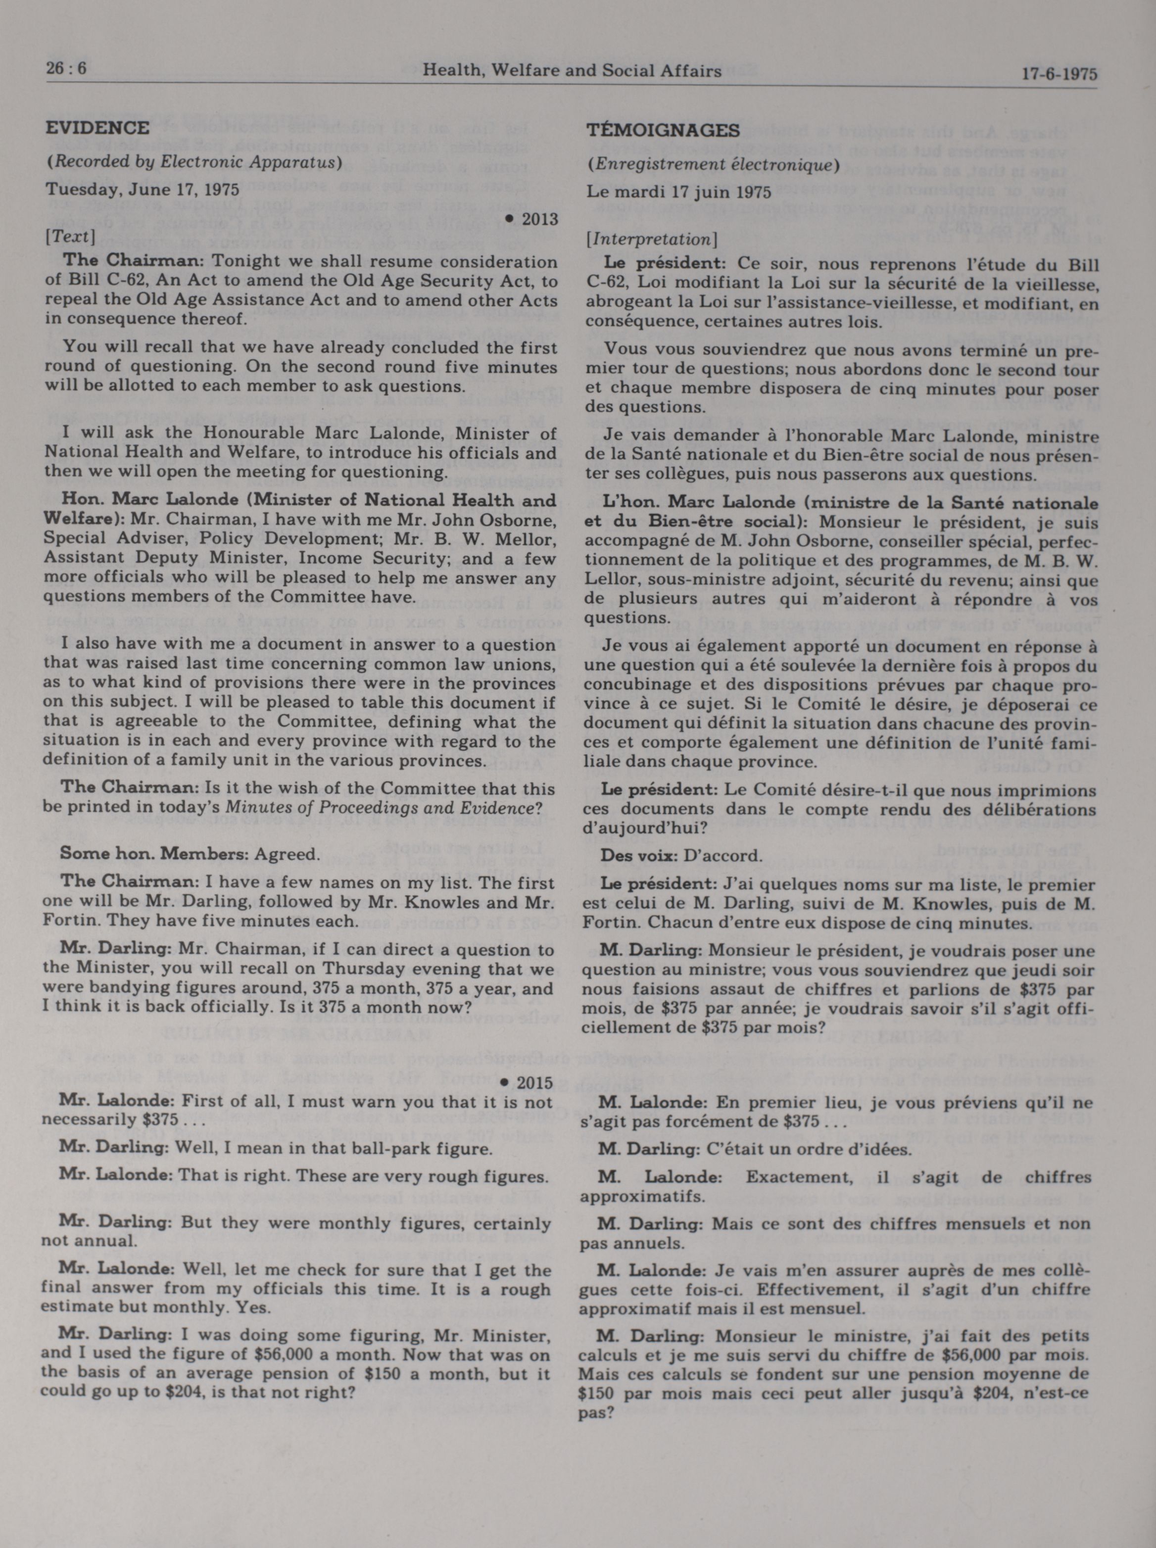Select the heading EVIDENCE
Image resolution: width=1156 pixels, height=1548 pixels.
click(97, 128)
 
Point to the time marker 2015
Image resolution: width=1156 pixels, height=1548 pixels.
click(534, 1083)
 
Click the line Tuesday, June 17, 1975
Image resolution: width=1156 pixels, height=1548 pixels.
click(142, 190)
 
